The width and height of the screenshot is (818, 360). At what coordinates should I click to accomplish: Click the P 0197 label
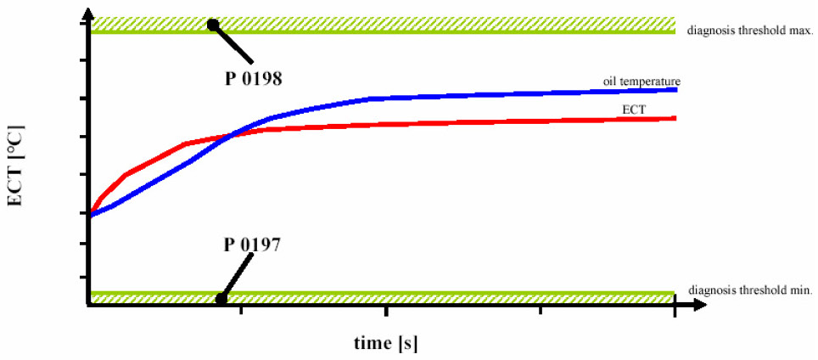click(253, 244)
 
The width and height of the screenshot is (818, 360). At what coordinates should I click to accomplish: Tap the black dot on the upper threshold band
click(213, 25)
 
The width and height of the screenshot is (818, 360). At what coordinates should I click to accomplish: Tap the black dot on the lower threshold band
click(221, 298)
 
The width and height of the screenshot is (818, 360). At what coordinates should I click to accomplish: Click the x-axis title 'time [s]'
click(386, 343)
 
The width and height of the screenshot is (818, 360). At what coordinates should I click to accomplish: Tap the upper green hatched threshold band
click(424, 25)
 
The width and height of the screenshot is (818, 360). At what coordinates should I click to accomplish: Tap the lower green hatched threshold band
click(424, 297)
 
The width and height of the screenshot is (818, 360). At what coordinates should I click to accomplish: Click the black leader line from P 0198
click(233, 44)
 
